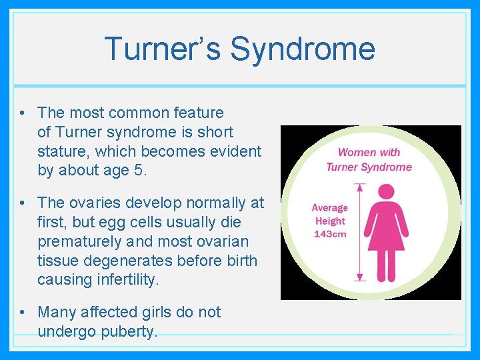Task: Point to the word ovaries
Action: point(93,202)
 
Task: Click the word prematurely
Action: point(82,241)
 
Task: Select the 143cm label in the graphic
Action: point(331,234)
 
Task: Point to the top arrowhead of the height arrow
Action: point(361,187)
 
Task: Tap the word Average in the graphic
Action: point(330,208)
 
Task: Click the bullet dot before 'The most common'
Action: point(23,113)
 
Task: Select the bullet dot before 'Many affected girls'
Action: point(23,313)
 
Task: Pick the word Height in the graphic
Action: point(330,221)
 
